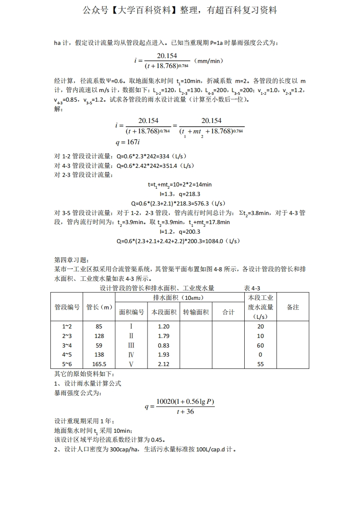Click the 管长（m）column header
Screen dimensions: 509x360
point(99,307)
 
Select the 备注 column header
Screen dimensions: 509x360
point(293,307)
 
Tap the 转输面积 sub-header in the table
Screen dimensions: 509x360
point(196,312)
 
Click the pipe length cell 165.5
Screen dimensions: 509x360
point(99,364)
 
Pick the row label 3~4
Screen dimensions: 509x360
point(67,345)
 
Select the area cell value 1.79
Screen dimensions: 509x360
point(163,336)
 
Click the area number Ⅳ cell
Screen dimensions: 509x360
point(131,355)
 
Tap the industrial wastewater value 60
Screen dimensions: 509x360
point(260,345)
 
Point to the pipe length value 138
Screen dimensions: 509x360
point(99,355)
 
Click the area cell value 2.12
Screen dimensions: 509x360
point(163,364)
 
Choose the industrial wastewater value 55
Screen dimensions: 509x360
point(260,364)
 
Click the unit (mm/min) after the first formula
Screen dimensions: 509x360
point(208,60)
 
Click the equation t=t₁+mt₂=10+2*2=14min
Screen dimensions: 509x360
point(180,185)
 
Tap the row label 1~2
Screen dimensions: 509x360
point(67,327)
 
